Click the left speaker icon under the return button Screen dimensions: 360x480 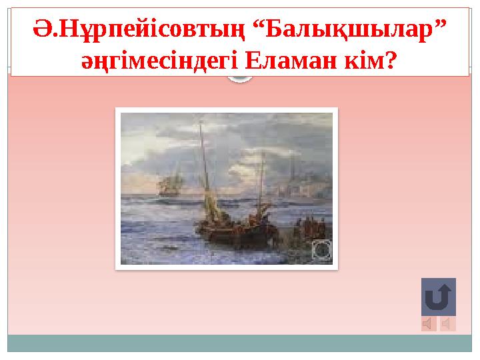[x=429, y=324]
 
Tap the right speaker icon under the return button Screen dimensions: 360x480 [x=448, y=324]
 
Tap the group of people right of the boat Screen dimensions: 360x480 [x=309, y=227]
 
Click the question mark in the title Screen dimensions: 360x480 [x=391, y=61]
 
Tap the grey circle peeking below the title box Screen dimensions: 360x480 [x=240, y=79]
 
